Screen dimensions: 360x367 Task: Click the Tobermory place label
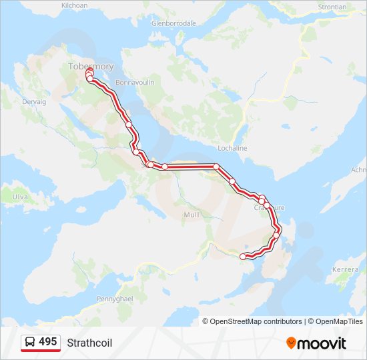tap(91, 66)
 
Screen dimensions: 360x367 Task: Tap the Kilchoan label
tap(75, 5)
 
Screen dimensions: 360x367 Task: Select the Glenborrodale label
tap(173, 23)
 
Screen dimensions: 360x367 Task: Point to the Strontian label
tap(332, 7)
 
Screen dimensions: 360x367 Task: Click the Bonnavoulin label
tap(135, 82)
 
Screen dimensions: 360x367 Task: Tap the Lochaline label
tap(233, 148)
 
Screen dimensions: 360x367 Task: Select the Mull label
tap(191, 215)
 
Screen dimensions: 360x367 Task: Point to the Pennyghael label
tap(117, 299)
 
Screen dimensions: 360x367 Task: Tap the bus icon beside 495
tap(30, 342)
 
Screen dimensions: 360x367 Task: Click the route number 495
tap(48, 342)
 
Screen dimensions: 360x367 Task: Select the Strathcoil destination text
tap(89, 343)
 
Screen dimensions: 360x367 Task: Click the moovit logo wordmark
tap(322, 343)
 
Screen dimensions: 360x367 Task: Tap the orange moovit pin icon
tap(292, 343)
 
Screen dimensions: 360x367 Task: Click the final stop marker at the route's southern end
tap(243, 256)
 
